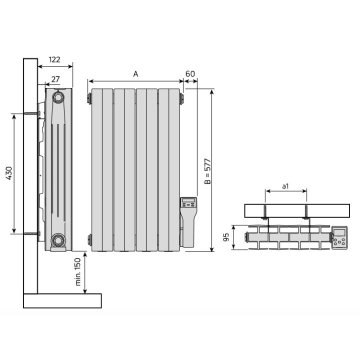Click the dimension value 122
pos(54,59)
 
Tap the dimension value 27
pos(55,78)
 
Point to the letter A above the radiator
pos(135,73)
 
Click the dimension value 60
pos(190,73)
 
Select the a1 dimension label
pos(285,186)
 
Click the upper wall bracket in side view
pos(33,114)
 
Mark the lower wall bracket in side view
pos(33,233)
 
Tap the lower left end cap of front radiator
pos(89,239)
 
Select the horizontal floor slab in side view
pos(62,300)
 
